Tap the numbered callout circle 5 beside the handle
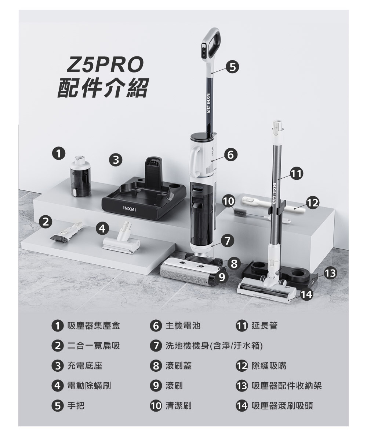click(x=232, y=67)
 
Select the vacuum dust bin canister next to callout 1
click(x=80, y=176)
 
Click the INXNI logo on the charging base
click(x=130, y=210)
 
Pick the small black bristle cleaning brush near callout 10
click(x=240, y=212)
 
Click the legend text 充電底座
click(x=85, y=366)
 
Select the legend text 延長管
click(x=264, y=326)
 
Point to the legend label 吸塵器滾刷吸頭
click(x=282, y=406)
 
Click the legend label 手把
click(x=76, y=406)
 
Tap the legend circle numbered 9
click(x=156, y=386)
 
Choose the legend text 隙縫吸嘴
click(x=269, y=366)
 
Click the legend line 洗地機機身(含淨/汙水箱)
click(x=214, y=346)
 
